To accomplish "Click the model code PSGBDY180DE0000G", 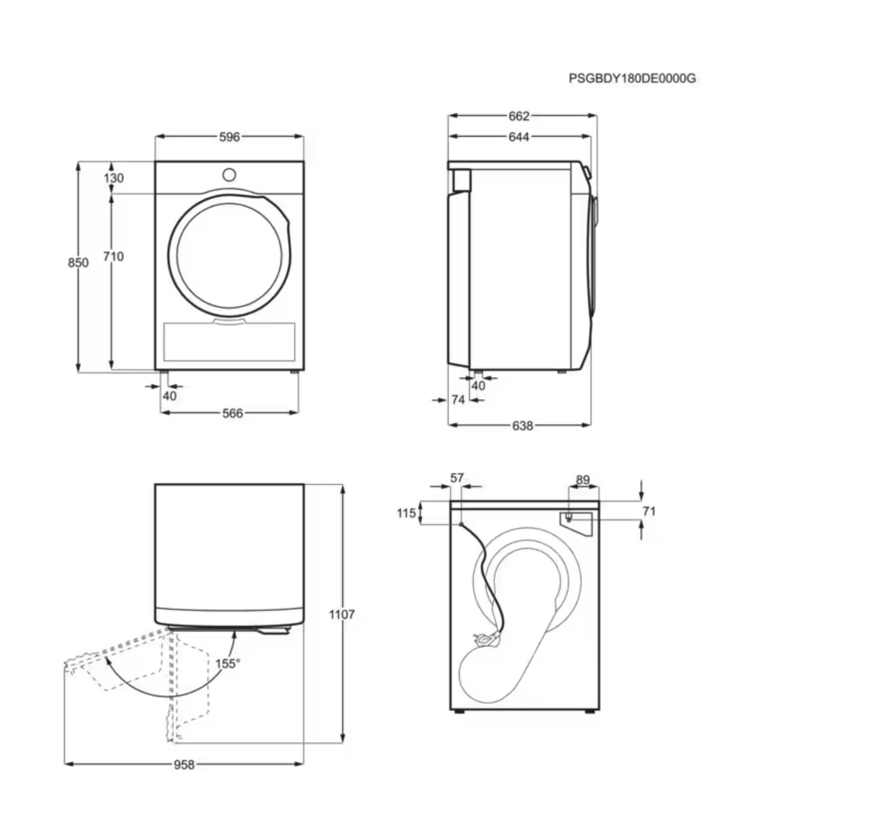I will click(632, 79).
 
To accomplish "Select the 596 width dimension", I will click(229, 137).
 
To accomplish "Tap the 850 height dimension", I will click(78, 262).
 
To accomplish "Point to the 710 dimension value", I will click(113, 257).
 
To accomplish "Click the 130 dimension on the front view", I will click(114, 178).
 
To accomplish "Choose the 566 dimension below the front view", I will click(232, 413).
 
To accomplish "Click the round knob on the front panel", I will click(229, 175).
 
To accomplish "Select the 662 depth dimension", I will click(519, 116).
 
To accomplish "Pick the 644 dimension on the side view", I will click(519, 137).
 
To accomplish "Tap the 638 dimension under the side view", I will click(522, 426).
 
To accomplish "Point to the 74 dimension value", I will click(458, 400).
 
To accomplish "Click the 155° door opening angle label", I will click(228, 664).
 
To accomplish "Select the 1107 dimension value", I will click(342, 614).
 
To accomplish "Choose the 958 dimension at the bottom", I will click(184, 765).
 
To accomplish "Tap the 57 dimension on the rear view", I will click(457, 478).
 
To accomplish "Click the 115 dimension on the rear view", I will click(406, 513).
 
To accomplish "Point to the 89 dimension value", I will click(583, 480).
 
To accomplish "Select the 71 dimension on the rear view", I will click(649, 511).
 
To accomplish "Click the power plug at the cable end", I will click(486, 639).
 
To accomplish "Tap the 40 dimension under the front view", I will click(169, 396).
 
